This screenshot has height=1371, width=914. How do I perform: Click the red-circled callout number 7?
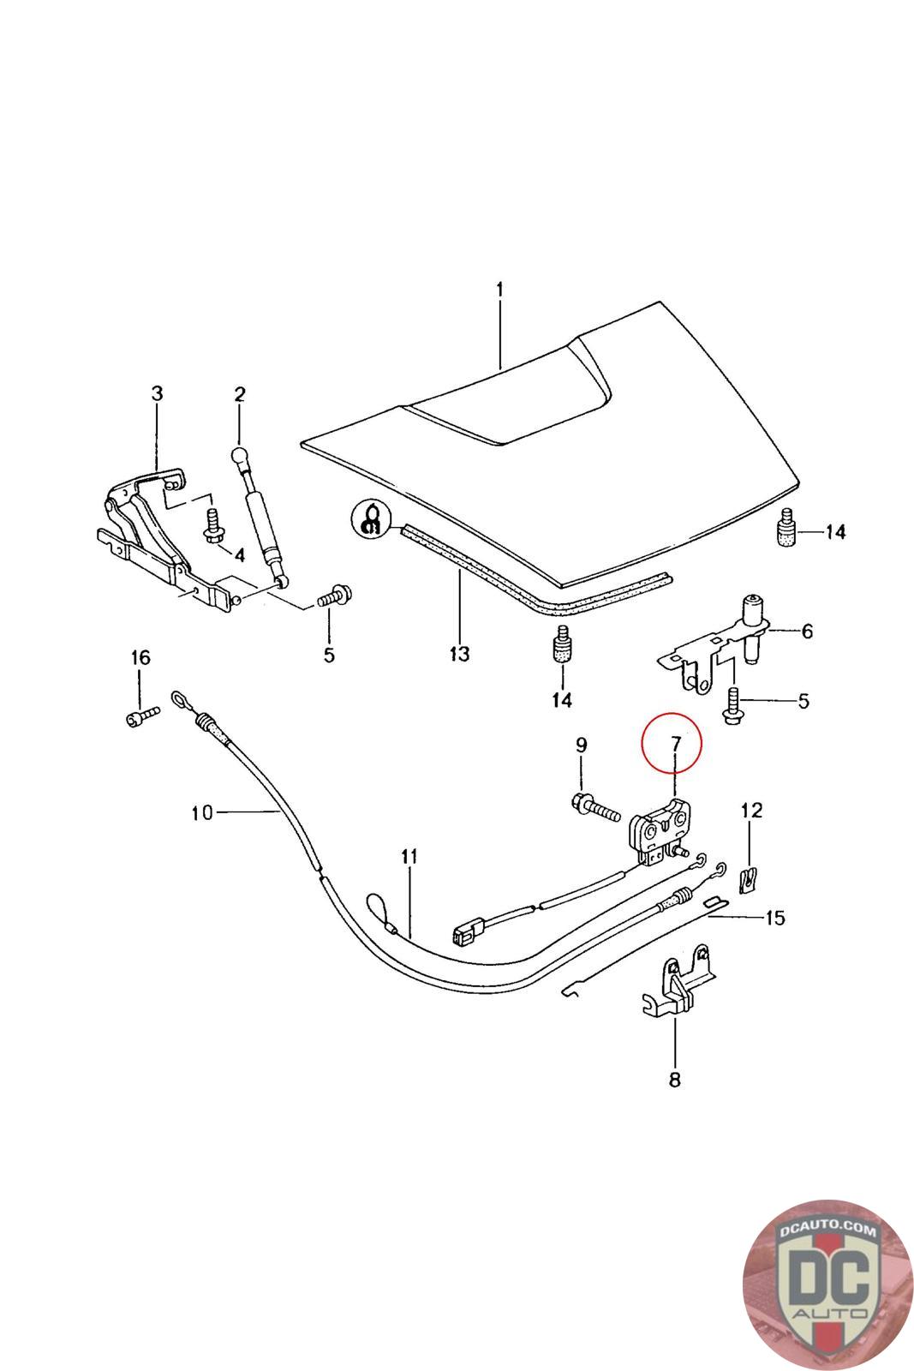point(675,744)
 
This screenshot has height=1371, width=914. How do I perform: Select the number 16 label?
point(140,657)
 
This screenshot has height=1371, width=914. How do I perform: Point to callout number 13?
point(459,654)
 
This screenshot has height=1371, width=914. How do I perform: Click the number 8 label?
point(675,1080)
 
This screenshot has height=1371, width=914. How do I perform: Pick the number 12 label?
point(752,811)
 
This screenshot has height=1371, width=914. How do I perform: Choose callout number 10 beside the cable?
point(202,813)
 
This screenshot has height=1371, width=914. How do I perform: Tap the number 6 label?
point(807,631)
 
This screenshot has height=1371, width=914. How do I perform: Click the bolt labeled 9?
point(596,809)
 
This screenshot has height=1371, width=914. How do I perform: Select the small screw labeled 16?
point(142,716)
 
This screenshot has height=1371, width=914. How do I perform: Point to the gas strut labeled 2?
point(261,518)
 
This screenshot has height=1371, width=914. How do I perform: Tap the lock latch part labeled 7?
point(660,831)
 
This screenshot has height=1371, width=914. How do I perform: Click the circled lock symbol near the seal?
point(371,519)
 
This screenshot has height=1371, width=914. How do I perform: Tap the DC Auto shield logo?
point(827,1286)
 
